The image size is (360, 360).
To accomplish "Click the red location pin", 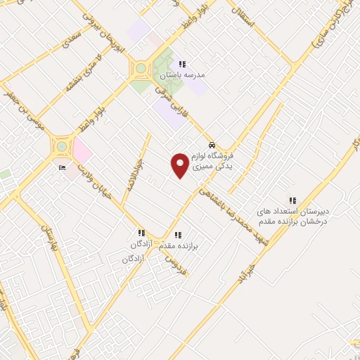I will [181, 165].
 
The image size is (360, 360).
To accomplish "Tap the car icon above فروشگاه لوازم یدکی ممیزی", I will [212, 145].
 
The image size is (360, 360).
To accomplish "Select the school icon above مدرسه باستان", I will [183, 64].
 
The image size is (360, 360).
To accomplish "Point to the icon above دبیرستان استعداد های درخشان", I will [292, 200].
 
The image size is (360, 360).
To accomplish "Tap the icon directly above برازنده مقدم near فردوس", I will [177, 236].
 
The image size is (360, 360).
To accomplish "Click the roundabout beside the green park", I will [141, 69].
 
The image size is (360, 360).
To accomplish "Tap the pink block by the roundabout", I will [82, 150].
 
